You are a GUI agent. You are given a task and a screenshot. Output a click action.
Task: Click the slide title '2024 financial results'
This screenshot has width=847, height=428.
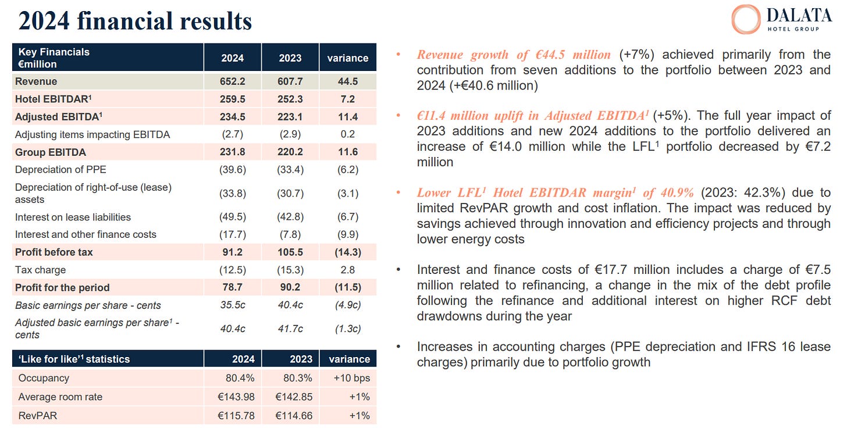pyautogui.click(x=135, y=21)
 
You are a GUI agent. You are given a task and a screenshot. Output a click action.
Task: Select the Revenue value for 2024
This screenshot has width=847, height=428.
pyautogui.click(x=232, y=81)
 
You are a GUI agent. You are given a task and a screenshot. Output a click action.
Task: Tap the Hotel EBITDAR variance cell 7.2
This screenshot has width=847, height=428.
pyautogui.click(x=348, y=99)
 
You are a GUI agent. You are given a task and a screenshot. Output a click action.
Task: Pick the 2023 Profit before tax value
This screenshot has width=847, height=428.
pyautogui.click(x=290, y=252)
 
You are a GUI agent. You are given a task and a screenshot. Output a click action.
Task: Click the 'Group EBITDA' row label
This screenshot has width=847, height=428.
pyautogui.click(x=51, y=152)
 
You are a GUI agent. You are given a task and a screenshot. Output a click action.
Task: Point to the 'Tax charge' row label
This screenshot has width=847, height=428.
pyautogui.click(x=41, y=270)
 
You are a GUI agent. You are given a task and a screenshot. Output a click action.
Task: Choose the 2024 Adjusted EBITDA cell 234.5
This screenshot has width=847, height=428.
pyautogui.click(x=232, y=117)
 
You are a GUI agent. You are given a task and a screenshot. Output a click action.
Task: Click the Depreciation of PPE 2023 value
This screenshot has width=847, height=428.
pyautogui.click(x=290, y=170)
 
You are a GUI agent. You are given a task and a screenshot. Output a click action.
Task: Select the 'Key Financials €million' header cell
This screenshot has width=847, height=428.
pyautogui.click(x=54, y=58)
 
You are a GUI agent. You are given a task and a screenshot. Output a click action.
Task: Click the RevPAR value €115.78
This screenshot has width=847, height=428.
pyautogui.click(x=236, y=416)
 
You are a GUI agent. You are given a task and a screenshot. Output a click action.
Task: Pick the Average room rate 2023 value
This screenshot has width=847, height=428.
pyautogui.click(x=294, y=397)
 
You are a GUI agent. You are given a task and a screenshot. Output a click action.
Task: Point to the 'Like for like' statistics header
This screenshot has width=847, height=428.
pyautogui.click(x=74, y=359)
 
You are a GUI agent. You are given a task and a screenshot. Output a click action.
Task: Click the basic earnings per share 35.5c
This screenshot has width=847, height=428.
pyautogui.click(x=232, y=305)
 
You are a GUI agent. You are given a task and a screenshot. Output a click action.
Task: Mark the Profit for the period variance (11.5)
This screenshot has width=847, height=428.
pyautogui.click(x=348, y=287)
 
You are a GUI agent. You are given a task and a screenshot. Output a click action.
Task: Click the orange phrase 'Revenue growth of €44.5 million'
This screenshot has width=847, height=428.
pyautogui.click(x=514, y=55)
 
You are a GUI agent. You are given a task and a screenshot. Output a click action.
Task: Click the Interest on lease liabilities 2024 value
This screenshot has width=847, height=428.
pyautogui.click(x=232, y=217)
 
